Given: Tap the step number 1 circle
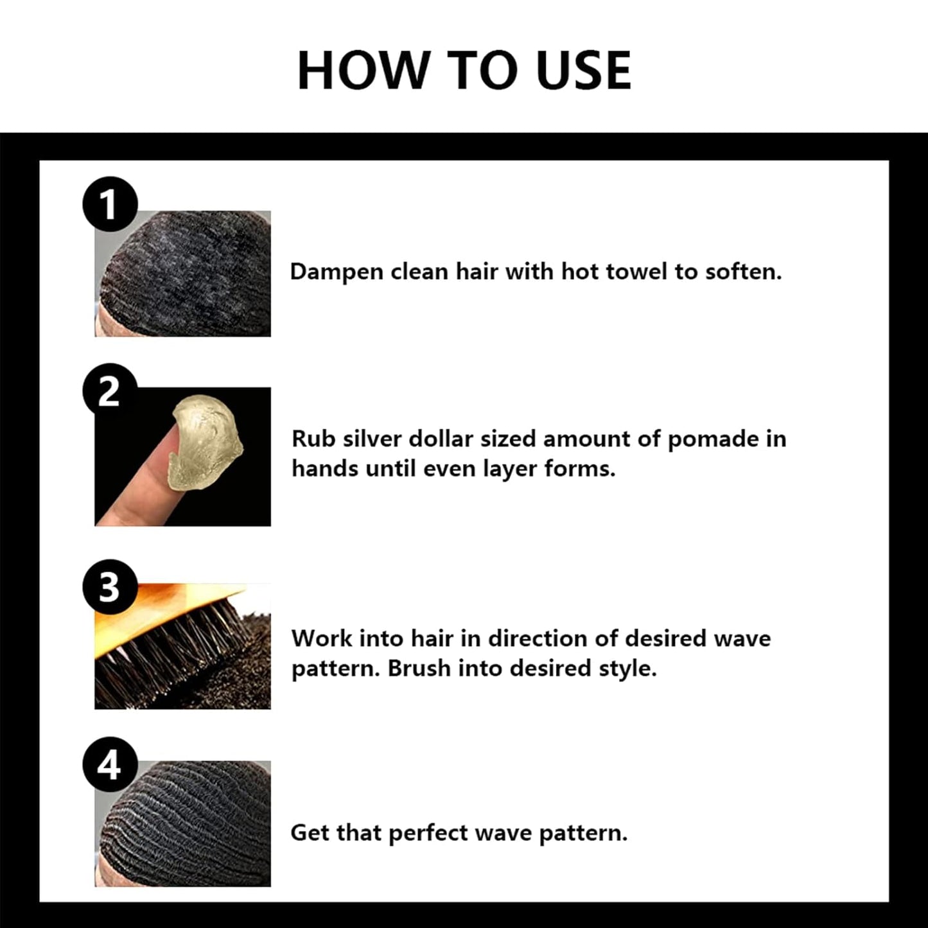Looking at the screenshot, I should pos(110,204).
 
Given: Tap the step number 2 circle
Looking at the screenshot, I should pos(110,391).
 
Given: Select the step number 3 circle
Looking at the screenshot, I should pos(110,587).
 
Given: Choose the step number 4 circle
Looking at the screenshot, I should pos(110,765).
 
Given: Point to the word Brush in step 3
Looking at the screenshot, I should pos(419,669).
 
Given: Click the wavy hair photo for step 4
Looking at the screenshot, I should pos(183,824).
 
